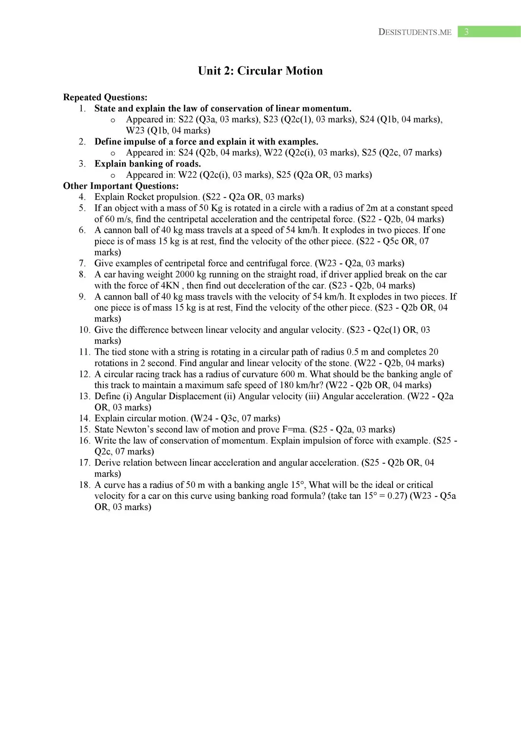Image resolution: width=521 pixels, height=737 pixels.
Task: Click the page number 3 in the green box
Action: point(466,32)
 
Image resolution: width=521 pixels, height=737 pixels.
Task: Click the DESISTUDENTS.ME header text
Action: point(415,32)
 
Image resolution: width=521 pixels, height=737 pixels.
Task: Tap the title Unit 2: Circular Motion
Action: point(260,71)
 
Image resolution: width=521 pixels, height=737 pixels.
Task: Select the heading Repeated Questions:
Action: point(105,97)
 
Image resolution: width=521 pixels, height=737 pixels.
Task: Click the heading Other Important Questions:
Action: point(121,186)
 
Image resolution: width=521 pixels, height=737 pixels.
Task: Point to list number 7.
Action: point(82,263)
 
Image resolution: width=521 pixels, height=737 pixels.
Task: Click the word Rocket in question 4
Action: point(140,197)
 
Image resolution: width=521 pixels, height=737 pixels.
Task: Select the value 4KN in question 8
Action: point(170,286)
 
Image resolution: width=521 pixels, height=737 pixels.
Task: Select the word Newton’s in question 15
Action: point(134,430)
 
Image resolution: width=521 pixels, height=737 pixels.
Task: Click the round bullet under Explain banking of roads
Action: point(113,176)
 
